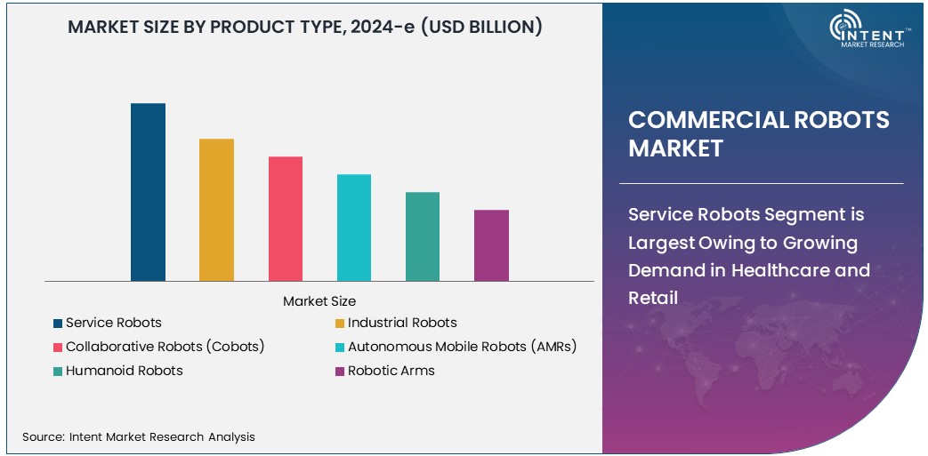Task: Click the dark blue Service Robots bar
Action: pyautogui.click(x=148, y=192)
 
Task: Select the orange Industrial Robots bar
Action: pyautogui.click(x=216, y=210)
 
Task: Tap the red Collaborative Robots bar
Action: pyautogui.click(x=286, y=219)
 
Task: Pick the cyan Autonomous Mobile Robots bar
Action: pyautogui.click(x=354, y=228)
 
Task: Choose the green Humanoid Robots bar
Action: pyautogui.click(x=423, y=236)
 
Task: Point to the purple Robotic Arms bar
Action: pyautogui.click(x=491, y=245)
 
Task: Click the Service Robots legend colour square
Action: pyautogui.click(x=58, y=324)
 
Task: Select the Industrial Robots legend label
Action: pyautogui.click(x=402, y=323)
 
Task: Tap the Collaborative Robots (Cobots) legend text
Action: pyautogui.click(x=165, y=347)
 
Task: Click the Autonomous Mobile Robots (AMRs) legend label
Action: pyautogui.click(x=462, y=347)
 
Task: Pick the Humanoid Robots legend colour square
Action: pyautogui.click(x=58, y=372)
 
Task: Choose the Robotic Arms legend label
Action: pyautogui.click(x=391, y=371)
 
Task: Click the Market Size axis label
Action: pyautogui.click(x=319, y=301)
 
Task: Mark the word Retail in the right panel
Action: pyautogui.click(x=653, y=298)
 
